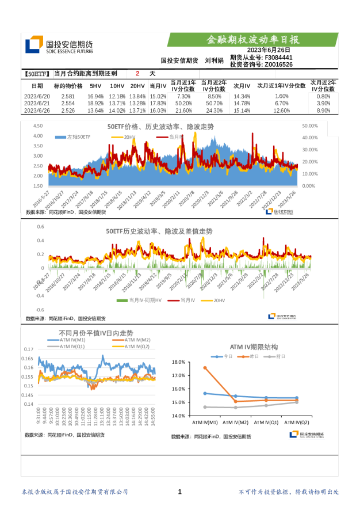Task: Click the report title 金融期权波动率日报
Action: coord(253,40)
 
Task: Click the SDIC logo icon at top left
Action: coord(35,44)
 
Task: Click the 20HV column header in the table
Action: coord(137,86)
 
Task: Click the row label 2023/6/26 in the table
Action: coord(37,110)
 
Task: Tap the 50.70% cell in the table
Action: coord(215,103)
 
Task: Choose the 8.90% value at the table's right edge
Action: coord(323,110)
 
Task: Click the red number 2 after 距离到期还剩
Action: coord(137,74)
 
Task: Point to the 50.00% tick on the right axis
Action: coord(310,125)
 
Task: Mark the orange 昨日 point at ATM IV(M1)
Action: coord(205,367)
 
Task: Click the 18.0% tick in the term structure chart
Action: coord(178,362)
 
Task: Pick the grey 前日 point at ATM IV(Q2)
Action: coord(297,402)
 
